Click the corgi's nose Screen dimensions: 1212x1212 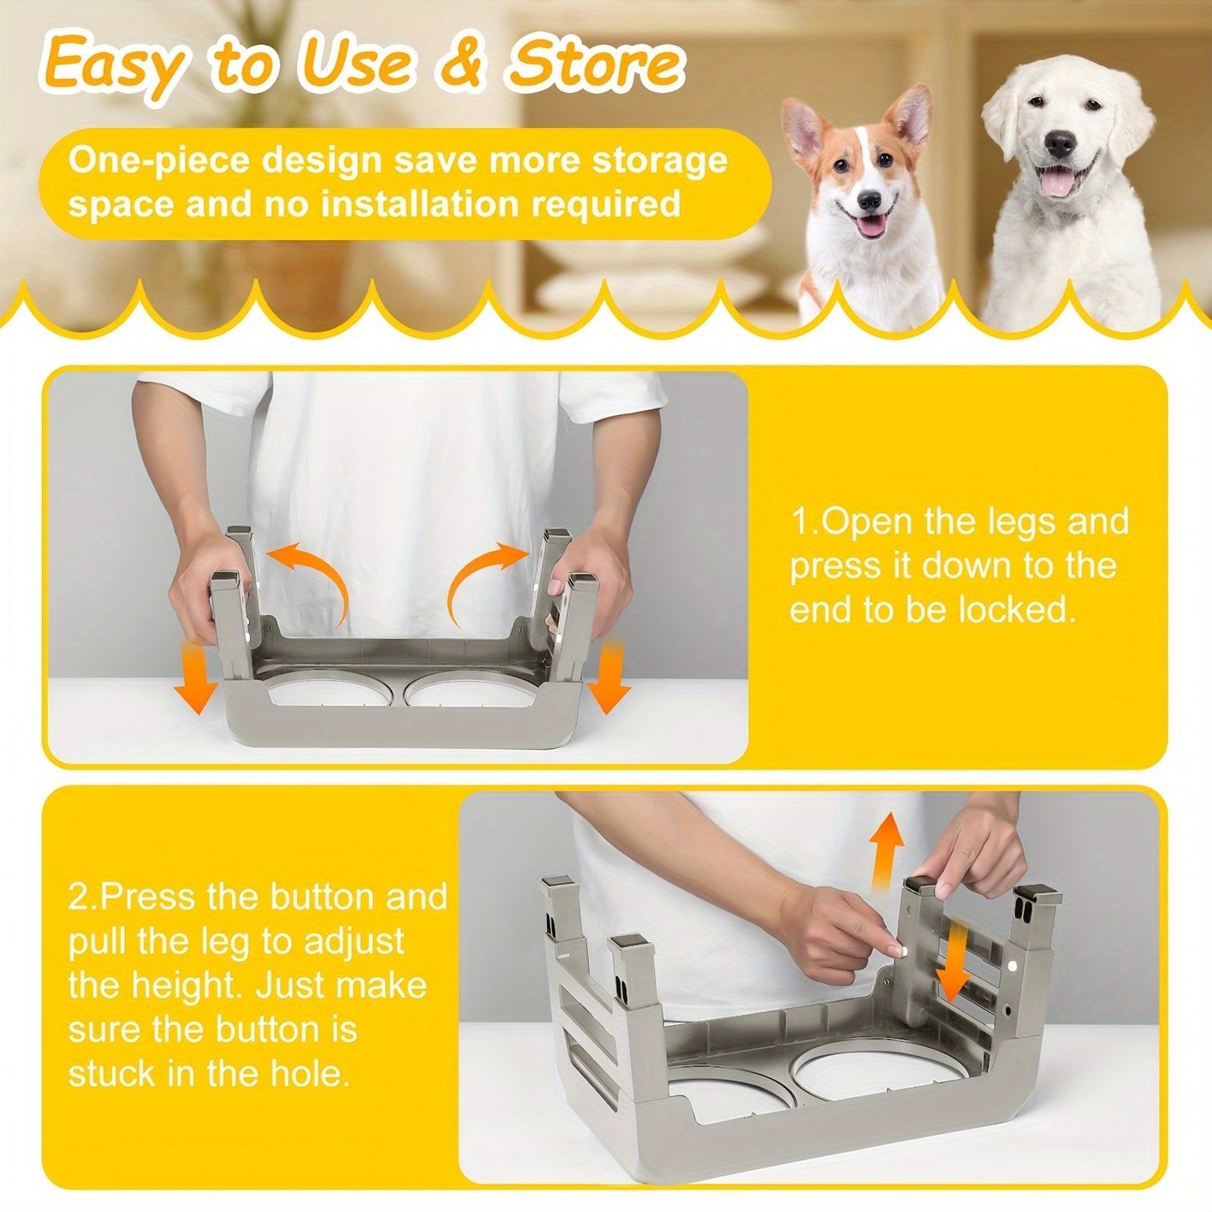[870, 200]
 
